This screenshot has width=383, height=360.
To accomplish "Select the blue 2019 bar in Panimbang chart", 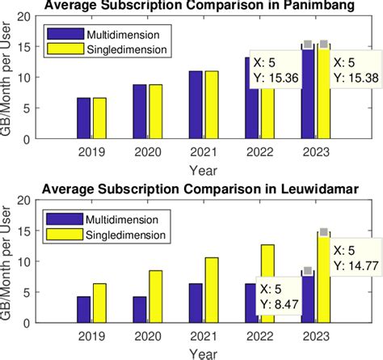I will pos(84,118).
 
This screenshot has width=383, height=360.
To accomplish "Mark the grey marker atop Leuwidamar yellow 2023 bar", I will pos(324,232).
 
